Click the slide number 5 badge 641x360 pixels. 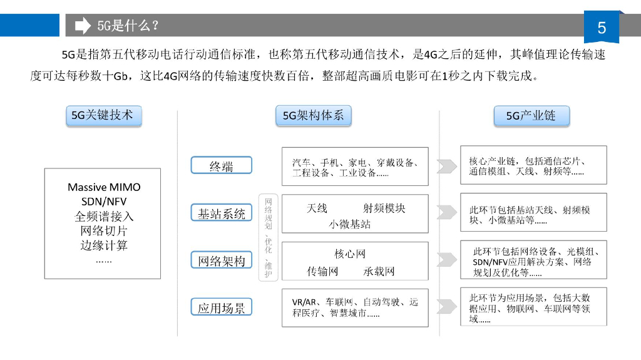click(602, 28)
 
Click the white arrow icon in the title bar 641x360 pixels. click(83, 26)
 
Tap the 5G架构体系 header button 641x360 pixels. click(313, 116)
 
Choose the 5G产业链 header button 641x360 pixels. click(531, 116)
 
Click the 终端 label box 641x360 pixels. click(221, 166)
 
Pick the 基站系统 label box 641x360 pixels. click(221, 213)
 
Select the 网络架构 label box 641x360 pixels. click(221, 260)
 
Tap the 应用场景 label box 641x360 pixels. click(221, 307)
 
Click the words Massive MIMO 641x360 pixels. click(104, 187)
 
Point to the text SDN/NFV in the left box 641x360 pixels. click(103, 202)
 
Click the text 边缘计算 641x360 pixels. click(104, 245)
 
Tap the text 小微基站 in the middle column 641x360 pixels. click(350, 224)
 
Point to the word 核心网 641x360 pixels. click(350, 254)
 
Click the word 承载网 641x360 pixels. click(379, 271)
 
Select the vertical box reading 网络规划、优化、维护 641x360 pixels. click(269, 237)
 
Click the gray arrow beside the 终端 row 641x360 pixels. click(446, 166)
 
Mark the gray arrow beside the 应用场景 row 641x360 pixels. click(446, 307)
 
